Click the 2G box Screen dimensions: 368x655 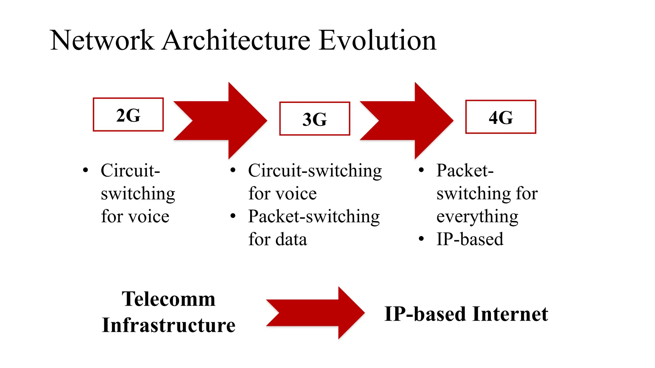click(x=128, y=115)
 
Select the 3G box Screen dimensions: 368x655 click(x=315, y=119)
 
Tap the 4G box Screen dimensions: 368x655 click(x=501, y=117)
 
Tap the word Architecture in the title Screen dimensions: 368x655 click(x=236, y=41)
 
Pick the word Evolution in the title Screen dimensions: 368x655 click(x=377, y=41)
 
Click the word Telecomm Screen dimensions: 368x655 click(x=169, y=299)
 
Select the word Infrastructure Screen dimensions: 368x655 click(x=169, y=325)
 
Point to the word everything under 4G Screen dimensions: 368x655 click(x=477, y=217)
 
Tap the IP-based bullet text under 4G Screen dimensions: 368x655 click(x=470, y=239)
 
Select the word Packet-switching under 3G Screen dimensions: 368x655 click(x=314, y=217)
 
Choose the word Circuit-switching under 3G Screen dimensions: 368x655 click(x=315, y=171)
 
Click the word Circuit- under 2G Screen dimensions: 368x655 click(x=130, y=170)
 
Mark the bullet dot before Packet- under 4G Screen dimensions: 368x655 click(x=422, y=170)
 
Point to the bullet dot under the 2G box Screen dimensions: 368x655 click(x=85, y=170)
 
